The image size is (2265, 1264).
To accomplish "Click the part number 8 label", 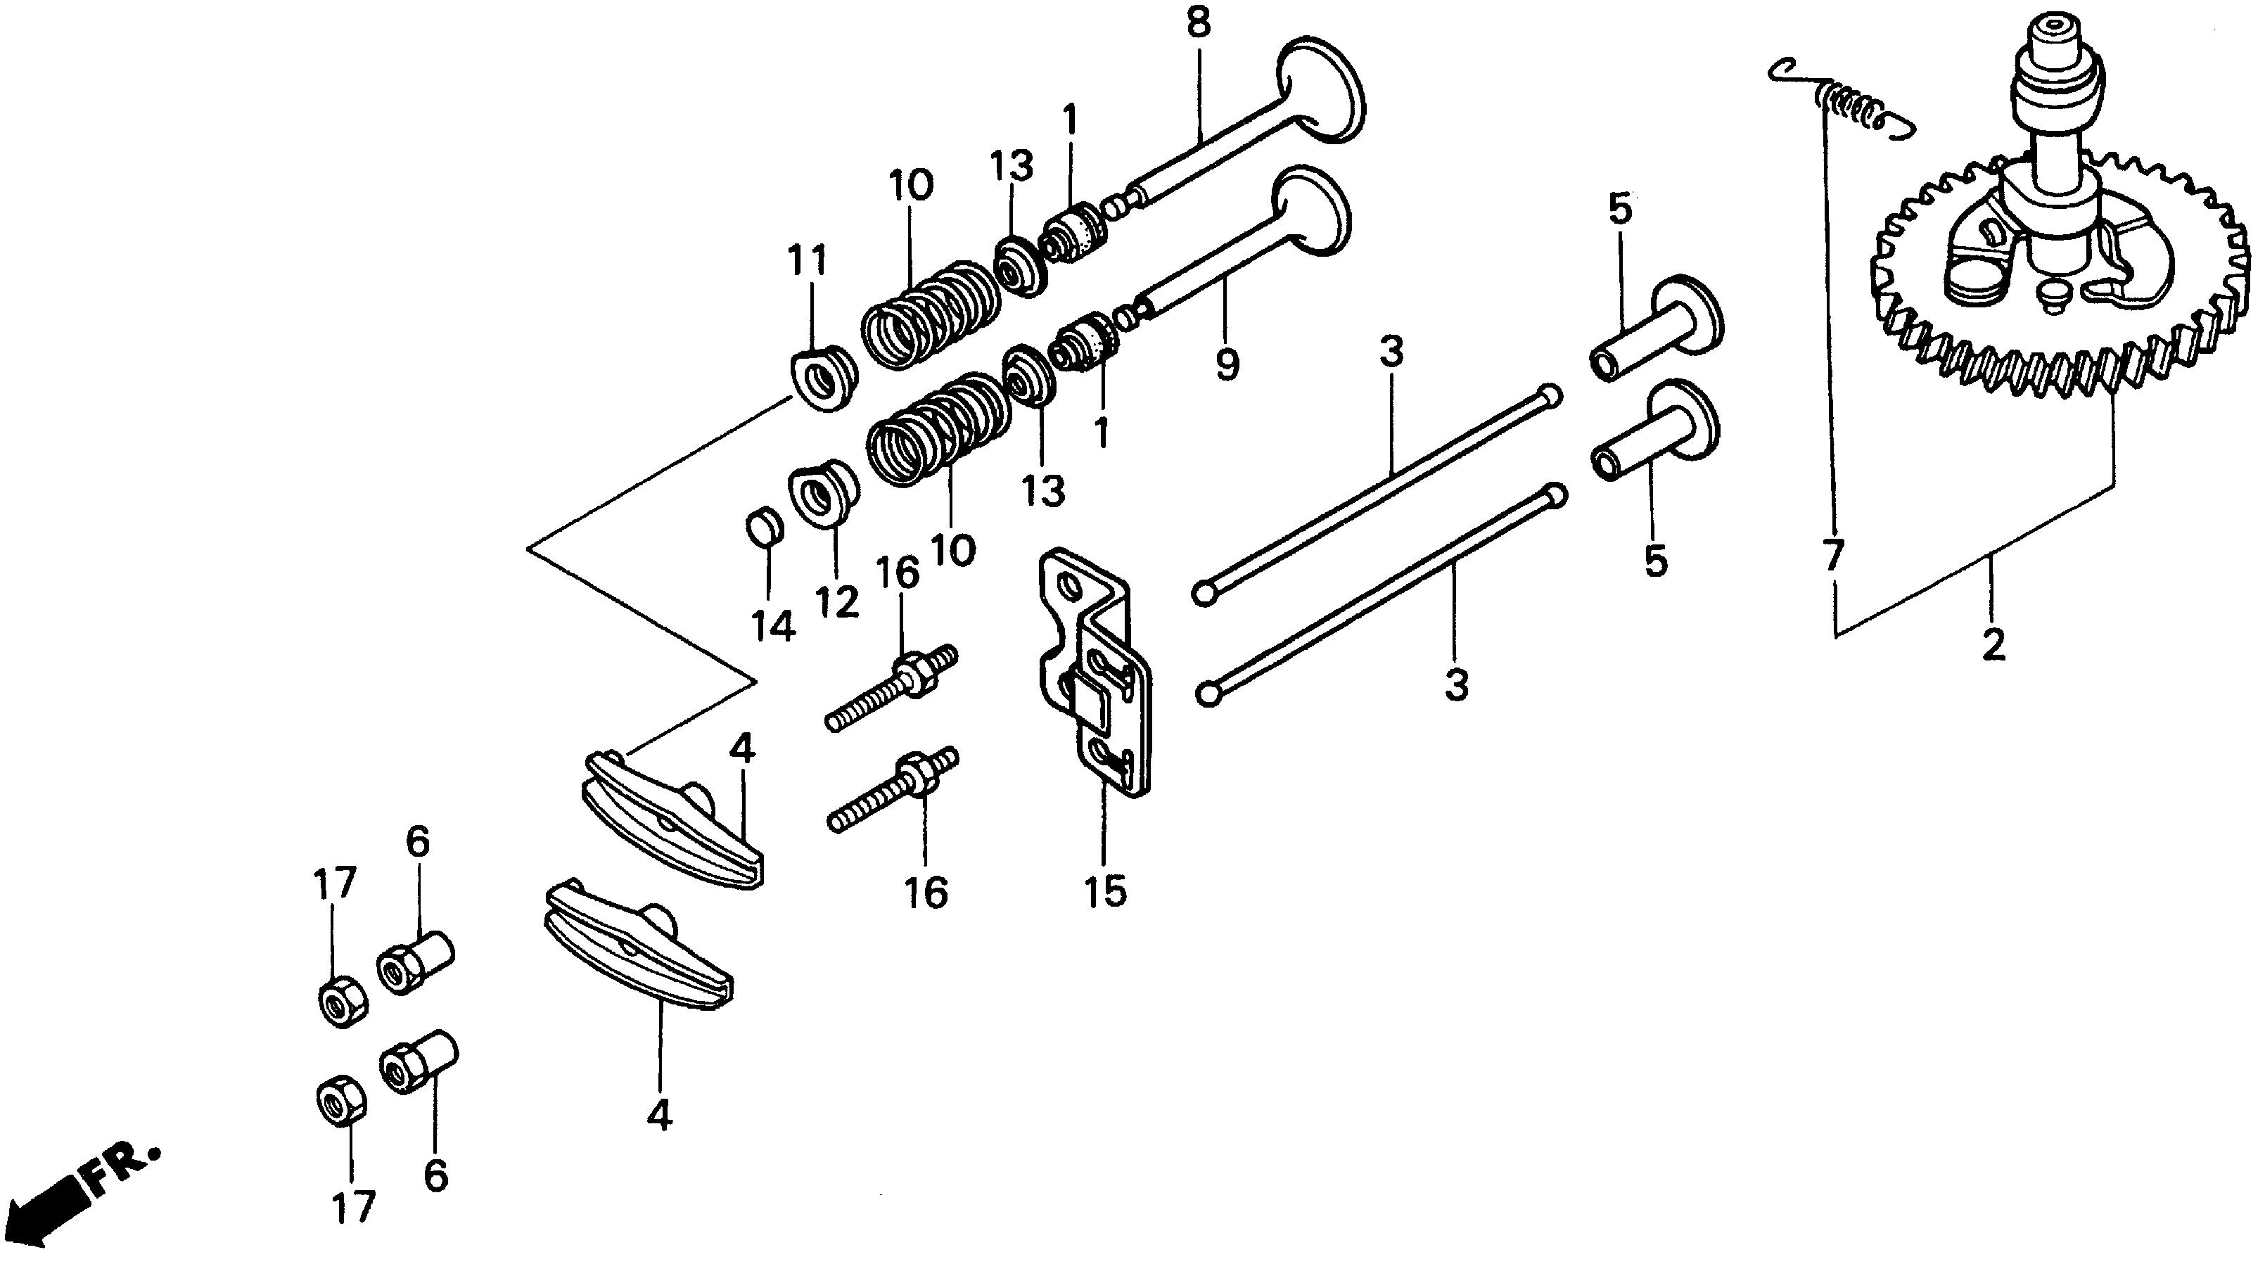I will [x=1197, y=25].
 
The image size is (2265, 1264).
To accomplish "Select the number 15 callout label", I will [x=1105, y=891].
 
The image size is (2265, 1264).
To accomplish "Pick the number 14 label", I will [x=773, y=627].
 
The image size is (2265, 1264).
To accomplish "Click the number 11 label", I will [x=808, y=262].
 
